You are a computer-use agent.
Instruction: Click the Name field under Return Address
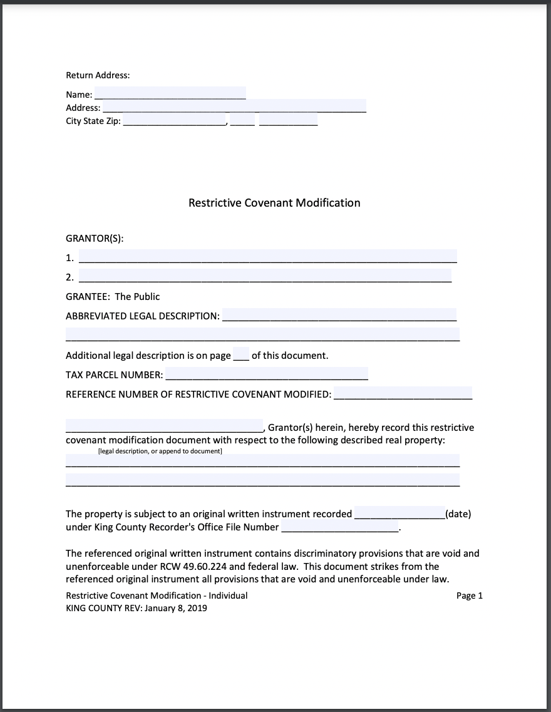(x=170, y=93)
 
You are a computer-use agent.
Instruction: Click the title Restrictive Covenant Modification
(x=274, y=203)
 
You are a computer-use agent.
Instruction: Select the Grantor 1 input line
(x=267, y=255)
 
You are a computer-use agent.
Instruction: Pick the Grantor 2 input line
(x=265, y=276)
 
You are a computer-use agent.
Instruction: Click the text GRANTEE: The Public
(x=113, y=297)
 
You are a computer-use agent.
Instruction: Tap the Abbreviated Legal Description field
(x=339, y=314)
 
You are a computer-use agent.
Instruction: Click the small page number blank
(x=241, y=354)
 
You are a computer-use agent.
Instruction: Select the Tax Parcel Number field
(x=266, y=374)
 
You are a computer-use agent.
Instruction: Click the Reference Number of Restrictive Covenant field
(x=403, y=393)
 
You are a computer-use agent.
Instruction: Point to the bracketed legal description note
(x=160, y=451)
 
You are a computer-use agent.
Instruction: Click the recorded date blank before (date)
(x=399, y=513)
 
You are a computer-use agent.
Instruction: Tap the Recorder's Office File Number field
(x=340, y=527)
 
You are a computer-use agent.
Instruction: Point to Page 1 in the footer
(x=470, y=596)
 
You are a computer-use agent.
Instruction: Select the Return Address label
(x=98, y=75)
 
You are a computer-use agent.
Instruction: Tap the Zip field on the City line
(x=288, y=120)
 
